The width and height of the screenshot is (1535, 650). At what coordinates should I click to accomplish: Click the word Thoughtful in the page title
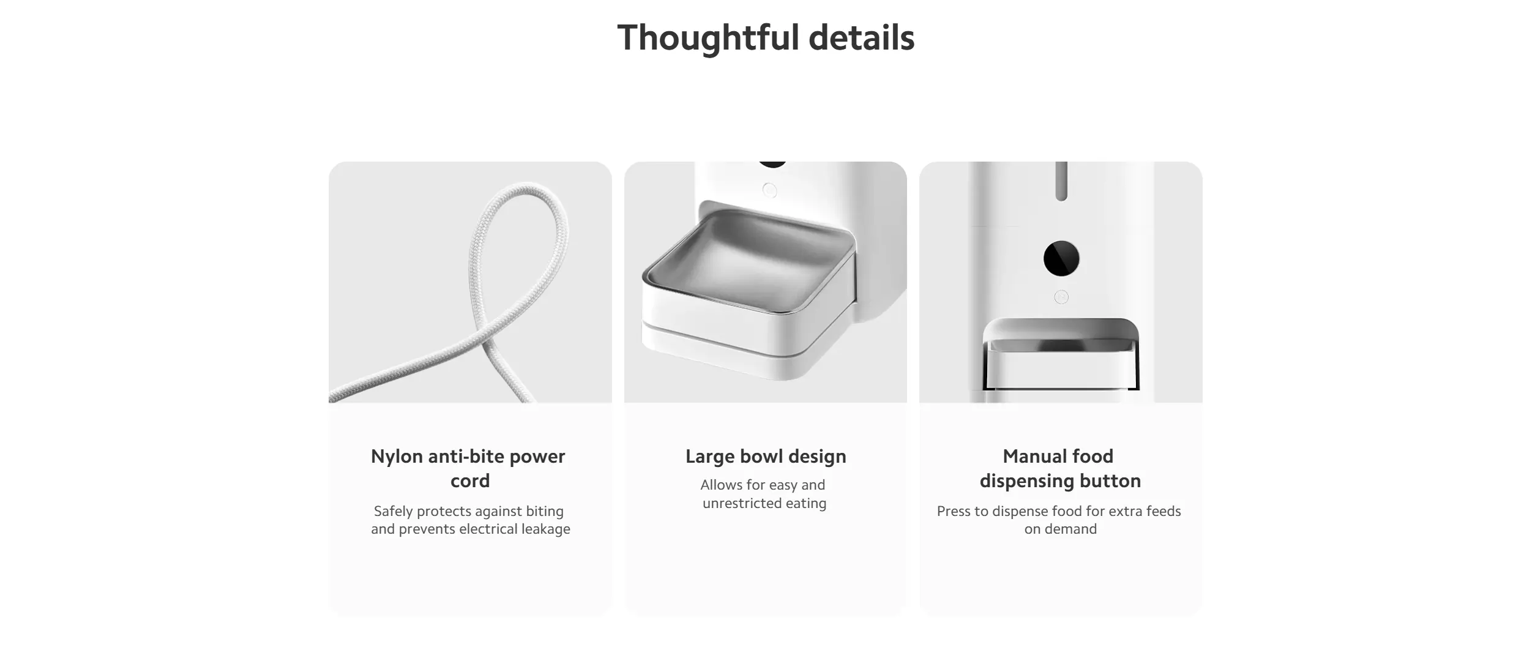708,38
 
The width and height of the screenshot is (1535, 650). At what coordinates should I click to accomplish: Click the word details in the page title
862,37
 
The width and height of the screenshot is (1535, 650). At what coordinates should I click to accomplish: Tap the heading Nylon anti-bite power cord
469,468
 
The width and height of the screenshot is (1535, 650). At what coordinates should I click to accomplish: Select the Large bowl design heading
766,457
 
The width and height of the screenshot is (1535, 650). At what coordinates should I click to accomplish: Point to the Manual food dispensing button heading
1060,468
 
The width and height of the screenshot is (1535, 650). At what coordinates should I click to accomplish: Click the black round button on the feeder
1061,258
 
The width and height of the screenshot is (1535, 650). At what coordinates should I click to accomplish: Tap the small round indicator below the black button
1061,297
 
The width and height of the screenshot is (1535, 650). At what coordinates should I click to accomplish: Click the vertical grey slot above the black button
1061,181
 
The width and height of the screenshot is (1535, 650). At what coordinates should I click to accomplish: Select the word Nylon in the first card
397,457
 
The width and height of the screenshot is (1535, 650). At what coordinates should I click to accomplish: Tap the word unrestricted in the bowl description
742,503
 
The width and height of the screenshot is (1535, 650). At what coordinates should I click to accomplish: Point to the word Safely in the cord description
393,511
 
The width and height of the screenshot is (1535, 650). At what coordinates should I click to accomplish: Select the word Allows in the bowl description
720,485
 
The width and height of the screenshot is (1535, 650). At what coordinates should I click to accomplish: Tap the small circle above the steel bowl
769,190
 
